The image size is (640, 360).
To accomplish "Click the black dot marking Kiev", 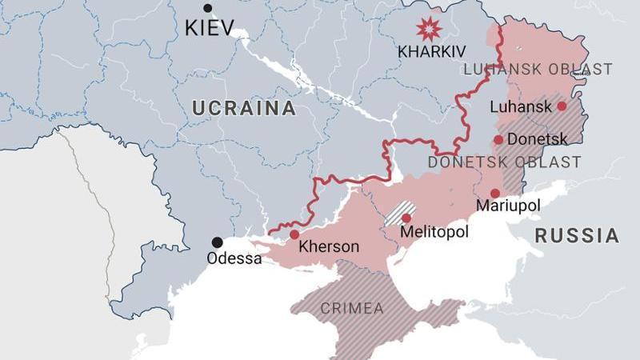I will pyautogui.click(x=208, y=8).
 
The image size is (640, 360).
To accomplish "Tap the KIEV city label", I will pyautogui.click(x=210, y=28).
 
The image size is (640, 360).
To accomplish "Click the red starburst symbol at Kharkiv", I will pyautogui.click(x=429, y=29).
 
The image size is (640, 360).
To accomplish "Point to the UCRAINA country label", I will pyautogui.click(x=243, y=109).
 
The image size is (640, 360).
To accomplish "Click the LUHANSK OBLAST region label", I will pyautogui.click(x=538, y=70).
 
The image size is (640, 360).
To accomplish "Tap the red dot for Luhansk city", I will pyautogui.click(x=562, y=106).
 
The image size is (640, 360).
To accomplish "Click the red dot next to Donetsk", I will pyautogui.click(x=498, y=139).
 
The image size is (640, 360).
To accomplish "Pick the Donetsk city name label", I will pyautogui.click(x=538, y=139).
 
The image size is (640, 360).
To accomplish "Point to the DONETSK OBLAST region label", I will pyautogui.click(x=504, y=162).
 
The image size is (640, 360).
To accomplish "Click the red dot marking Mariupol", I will pyautogui.click(x=495, y=193).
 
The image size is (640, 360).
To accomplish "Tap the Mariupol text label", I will pyautogui.click(x=508, y=206).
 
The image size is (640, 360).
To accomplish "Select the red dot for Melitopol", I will pyautogui.click(x=406, y=218).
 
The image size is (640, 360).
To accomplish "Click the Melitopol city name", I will pyautogui.click(x=434, y=232).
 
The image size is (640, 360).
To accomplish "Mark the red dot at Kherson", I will pyautogui.click(x=294, y=234).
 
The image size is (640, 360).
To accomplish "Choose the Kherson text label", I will pyautogui.click(x=329, y=247).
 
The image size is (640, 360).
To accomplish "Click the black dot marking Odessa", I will pyautogui.click(x=217, y=242).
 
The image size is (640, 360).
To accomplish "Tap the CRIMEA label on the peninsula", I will pyautogui.click(x=352, y=308).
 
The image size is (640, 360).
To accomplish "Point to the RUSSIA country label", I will pyautogui.click(x=577, y=236).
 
